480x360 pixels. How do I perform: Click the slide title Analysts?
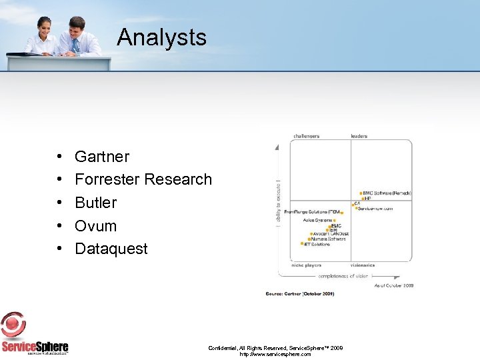coord(161,37)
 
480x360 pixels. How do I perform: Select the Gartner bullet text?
coord(102,157)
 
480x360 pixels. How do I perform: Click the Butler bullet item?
coord(95,203)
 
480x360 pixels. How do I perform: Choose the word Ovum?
coord(95,226)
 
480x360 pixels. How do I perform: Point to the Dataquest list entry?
coord(111,249)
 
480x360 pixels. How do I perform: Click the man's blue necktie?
coord(75,45)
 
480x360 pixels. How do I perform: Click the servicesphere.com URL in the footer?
coord(275,354)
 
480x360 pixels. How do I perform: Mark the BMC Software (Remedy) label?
coord(387,193)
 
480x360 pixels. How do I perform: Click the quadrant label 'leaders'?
coord(359,136)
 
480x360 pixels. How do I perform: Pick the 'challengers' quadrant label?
coord(306,136)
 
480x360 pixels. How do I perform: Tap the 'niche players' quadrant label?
coord(306,265)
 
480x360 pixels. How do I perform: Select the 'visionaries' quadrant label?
coord(363,265)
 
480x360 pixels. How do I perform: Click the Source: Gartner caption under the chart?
coord(300,293)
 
